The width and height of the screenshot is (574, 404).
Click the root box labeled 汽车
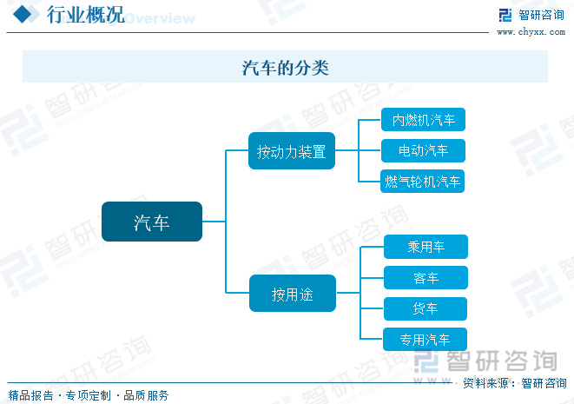pos(151,222)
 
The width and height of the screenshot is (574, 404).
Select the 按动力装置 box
pos(291,151)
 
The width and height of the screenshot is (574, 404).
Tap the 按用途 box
pos(292,295)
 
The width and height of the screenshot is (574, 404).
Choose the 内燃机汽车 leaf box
pos(424,120)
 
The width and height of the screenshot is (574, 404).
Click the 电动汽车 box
pos(424,150)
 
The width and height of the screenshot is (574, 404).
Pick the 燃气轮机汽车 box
pos(424,182)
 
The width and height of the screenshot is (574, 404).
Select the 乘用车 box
pos(426,247)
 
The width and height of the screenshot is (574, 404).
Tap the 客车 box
pos(426,278)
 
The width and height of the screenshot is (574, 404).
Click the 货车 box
pos(426,308)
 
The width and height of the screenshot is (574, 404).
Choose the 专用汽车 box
pos(426,340)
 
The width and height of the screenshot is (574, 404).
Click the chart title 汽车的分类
pos(286,67)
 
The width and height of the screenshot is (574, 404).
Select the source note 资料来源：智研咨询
pos(513,383)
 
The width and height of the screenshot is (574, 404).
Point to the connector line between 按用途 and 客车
pos(372,278)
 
